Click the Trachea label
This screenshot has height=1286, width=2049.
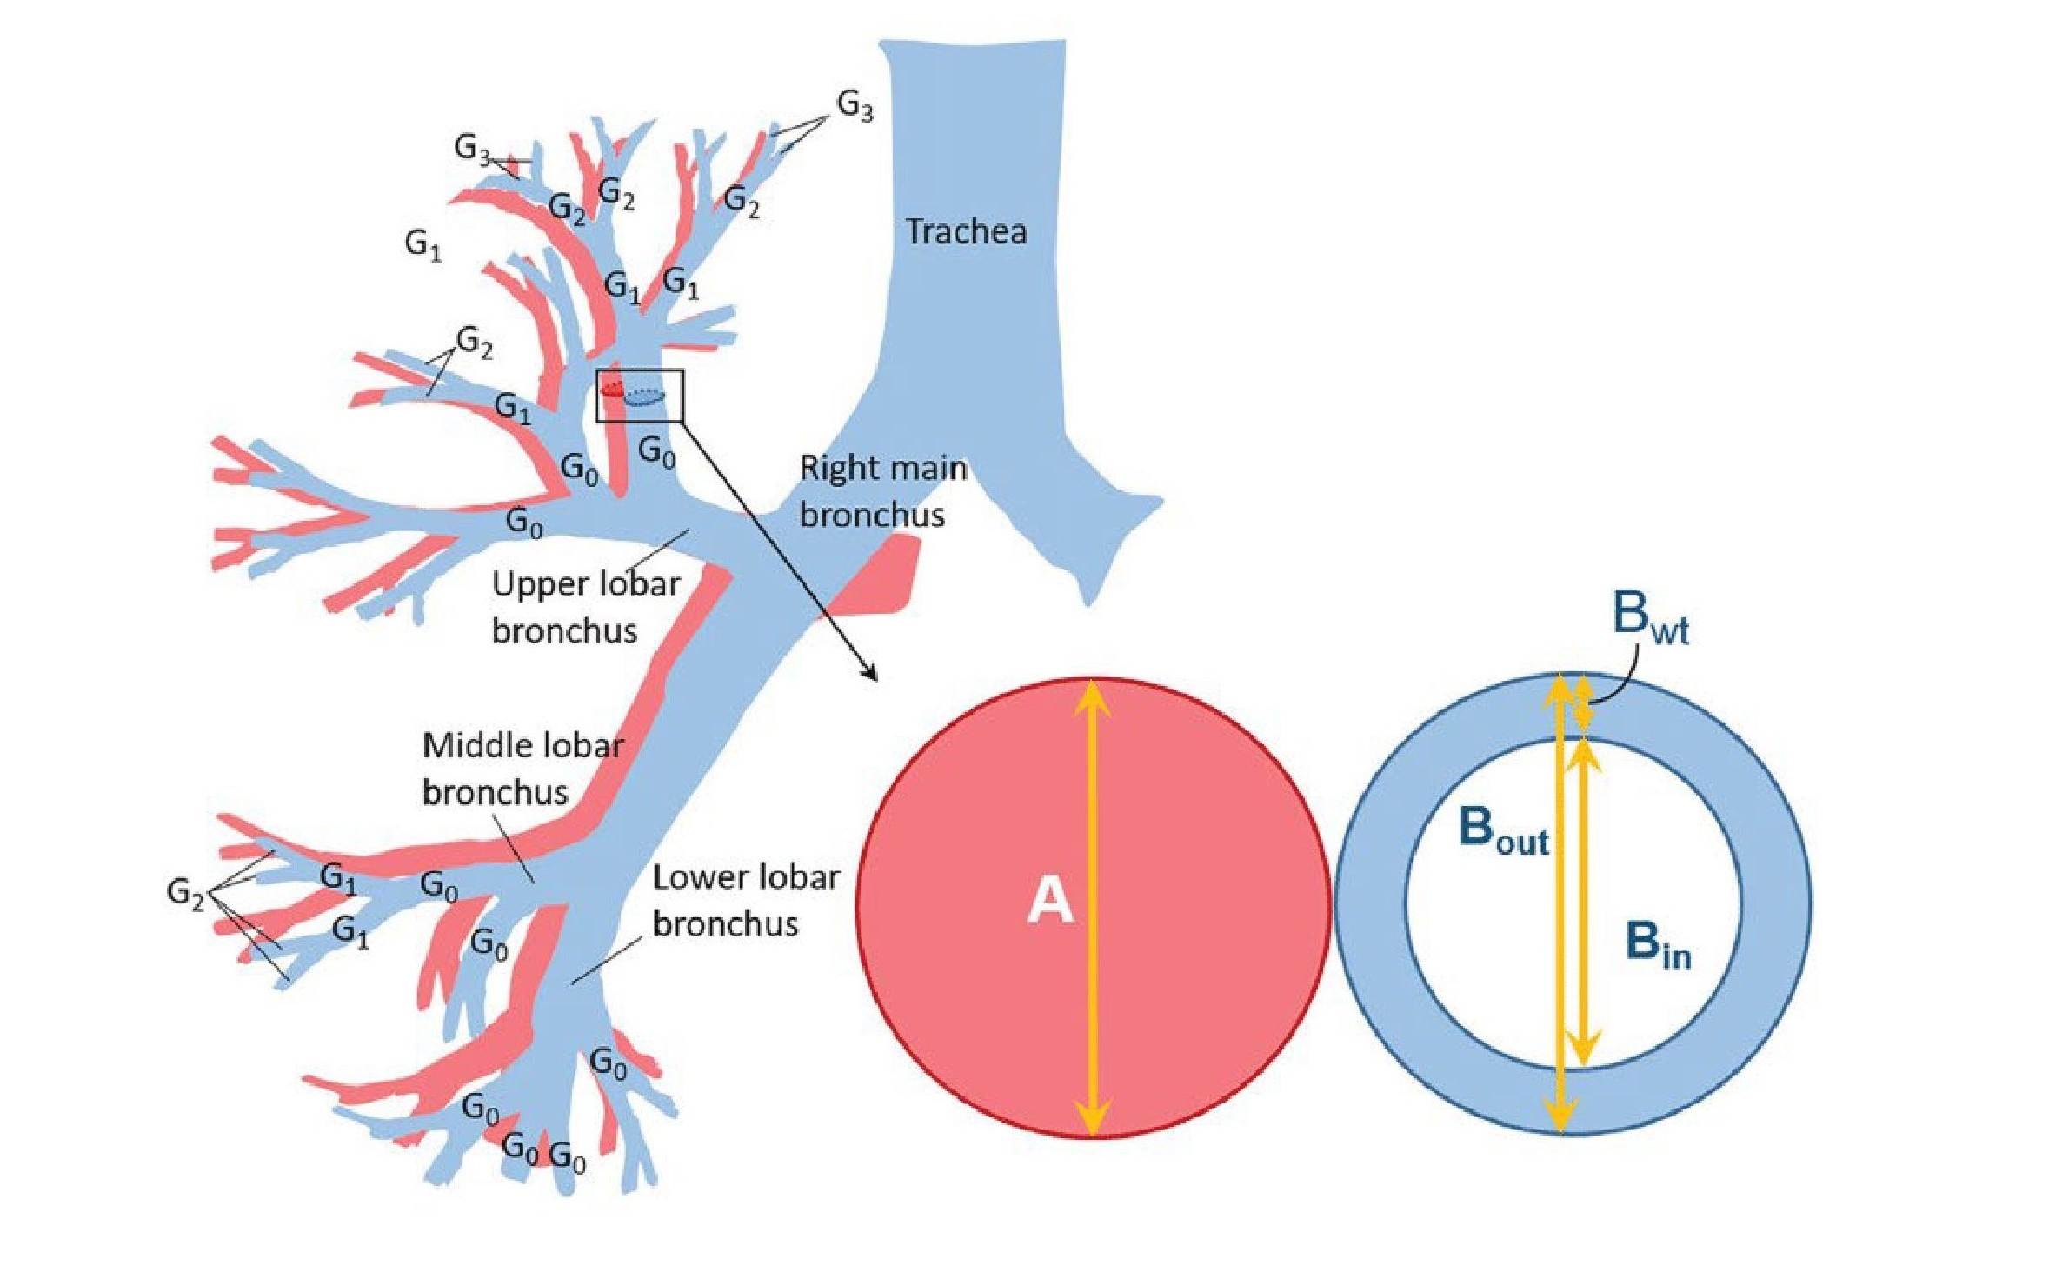pyautogui.click(x=965, y=231)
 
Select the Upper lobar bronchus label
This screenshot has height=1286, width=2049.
pyautogui.click(x=584, y=607)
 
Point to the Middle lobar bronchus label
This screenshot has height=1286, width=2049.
pyautogui.click(x=522, y=769)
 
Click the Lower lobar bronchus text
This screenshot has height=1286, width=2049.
pyautogui.click(x=745, y=900)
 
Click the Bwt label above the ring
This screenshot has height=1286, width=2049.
pyautogui.click(x=1649, y=616)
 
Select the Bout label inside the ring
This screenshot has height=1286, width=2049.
pyautogui.click(x=1502, y=830)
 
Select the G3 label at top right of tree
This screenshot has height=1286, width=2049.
pyautogui.click(x=854, y=106)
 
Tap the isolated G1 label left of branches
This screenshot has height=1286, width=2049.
pyautogui.click(x=423, y=245)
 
